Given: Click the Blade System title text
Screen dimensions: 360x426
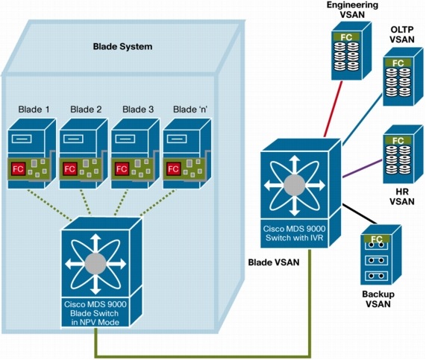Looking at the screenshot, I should click(x=122, y=46).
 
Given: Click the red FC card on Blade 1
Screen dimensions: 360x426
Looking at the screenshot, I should click(x=18, y=170).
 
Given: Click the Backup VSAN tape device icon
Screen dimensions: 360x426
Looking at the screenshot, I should click(x=381, y=256).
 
